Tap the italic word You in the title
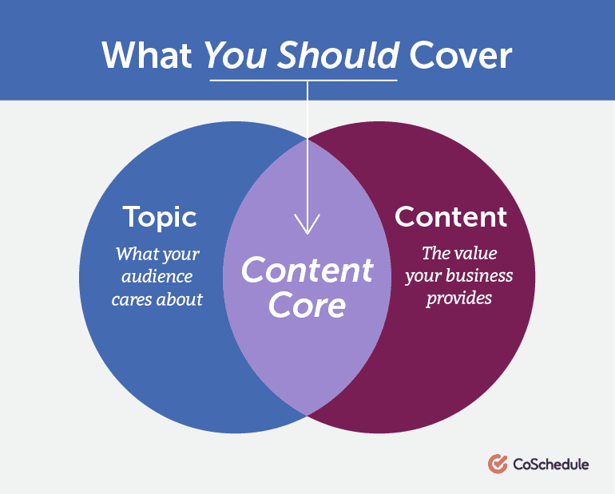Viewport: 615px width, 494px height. (x=230, y=55)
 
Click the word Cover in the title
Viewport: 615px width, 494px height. (x=460, y=55)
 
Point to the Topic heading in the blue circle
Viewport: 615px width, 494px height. (x=160, y=217)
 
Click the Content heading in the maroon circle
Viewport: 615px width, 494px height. (x=450, y=216)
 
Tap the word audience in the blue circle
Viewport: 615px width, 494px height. (x=157, y=277)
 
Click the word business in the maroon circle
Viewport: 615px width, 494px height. (x=481, y=276)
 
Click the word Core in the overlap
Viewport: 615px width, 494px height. (x=307, y=305)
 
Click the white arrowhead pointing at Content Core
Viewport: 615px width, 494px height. (x=307, y=227)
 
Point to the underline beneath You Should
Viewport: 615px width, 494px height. (x=304, y=81)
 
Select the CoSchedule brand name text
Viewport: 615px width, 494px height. (x=550, y=463)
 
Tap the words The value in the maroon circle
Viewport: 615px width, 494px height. (x=458, y=254)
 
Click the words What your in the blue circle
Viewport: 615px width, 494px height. (x=157, y=255)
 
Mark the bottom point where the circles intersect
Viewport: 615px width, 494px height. (x=307, y=414)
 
